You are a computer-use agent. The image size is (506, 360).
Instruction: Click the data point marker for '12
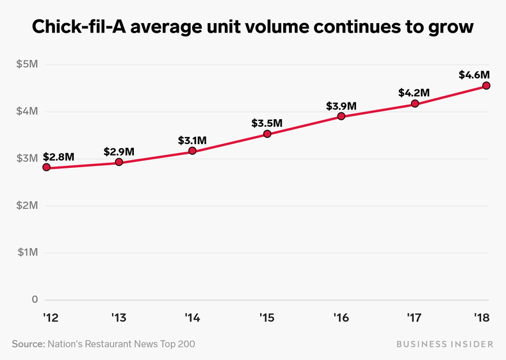point(46,167)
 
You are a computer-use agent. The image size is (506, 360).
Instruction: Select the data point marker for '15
point(267,134)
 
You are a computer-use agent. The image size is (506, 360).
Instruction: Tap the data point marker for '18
point(487,85)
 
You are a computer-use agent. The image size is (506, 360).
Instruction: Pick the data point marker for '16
point(341,116)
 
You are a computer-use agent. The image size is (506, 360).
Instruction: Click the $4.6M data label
point(475,74)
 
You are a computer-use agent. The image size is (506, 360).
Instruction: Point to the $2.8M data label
point(59,156)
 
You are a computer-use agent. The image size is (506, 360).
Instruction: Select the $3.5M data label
point(267,122)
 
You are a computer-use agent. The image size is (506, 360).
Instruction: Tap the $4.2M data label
point(414,92)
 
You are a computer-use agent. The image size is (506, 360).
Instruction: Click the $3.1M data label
point(193,140)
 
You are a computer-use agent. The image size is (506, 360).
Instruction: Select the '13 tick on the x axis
point(119,317)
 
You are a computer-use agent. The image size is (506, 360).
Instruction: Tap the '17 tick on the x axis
point(414,317)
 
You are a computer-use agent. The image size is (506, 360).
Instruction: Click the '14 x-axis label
point(193,317)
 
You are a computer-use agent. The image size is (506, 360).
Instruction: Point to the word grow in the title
point(453,28)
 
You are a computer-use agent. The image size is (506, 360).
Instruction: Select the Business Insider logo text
point(445,344)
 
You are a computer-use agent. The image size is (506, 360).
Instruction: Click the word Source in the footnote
point(28,344)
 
